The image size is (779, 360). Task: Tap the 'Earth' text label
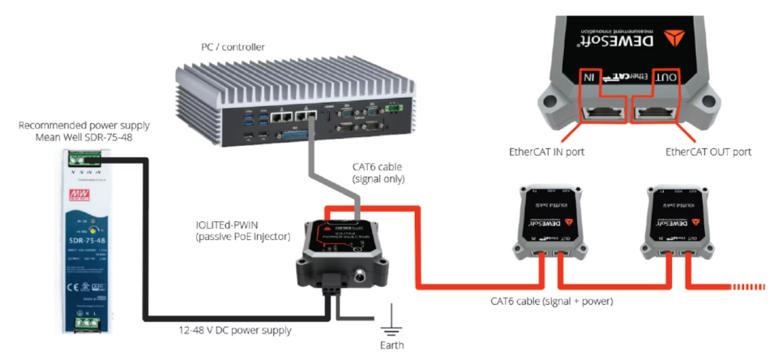pos(392,345)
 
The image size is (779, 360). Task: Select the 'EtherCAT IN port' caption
pos(542,152)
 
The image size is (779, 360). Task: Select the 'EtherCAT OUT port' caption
pos(708,152)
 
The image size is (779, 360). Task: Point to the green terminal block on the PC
pos(395,106)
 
